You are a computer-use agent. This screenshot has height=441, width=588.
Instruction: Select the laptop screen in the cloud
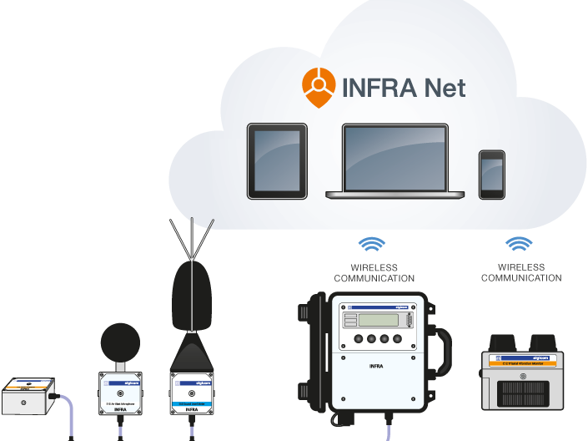tap(395, 156)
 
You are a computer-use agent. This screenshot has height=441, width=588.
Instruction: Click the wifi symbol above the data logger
tap(372, 244)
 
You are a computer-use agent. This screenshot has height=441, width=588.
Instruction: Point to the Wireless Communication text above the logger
tap(374, 273)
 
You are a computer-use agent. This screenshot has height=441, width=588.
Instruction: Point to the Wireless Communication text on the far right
tap(521, 272)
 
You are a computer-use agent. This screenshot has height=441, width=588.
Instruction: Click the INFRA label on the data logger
tap(375, 366)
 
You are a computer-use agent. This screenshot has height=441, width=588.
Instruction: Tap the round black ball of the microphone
tap(119, 342)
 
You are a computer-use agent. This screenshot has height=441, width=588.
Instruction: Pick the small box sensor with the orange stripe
tap(28, 398)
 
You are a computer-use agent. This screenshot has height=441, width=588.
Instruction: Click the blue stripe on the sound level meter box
tap(190, 403)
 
